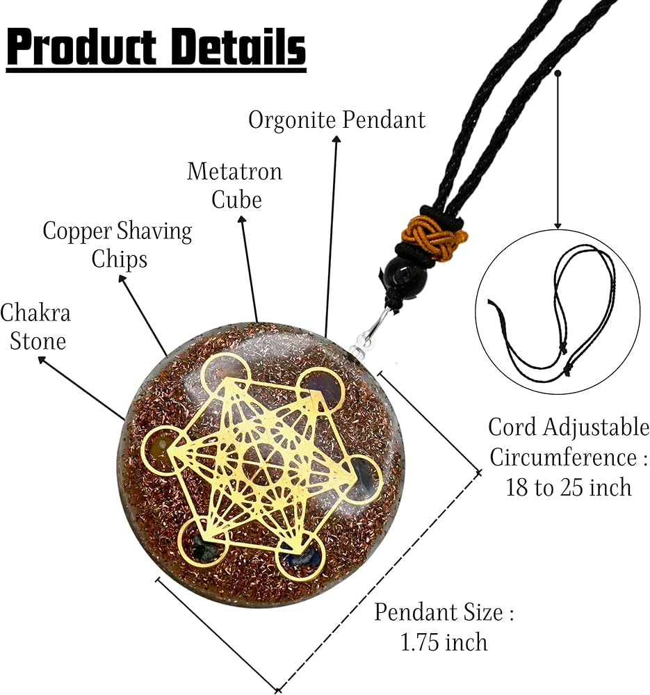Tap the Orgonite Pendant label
(x=336, y=120)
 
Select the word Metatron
(x=234, y=172)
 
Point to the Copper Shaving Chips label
(x=117, y=245)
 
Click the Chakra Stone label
(x=35, y=327)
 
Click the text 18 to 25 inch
(x=569, y=488)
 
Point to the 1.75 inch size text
(x=444, y=642)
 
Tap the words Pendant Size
(x=439, y=612)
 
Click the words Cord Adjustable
(x=569, y=427)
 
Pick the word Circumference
(x=563, y=457)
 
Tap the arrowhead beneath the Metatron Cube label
(x=242, y=220)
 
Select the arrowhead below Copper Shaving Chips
(x=123, y=279)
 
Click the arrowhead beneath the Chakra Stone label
(x=42, y=360)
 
